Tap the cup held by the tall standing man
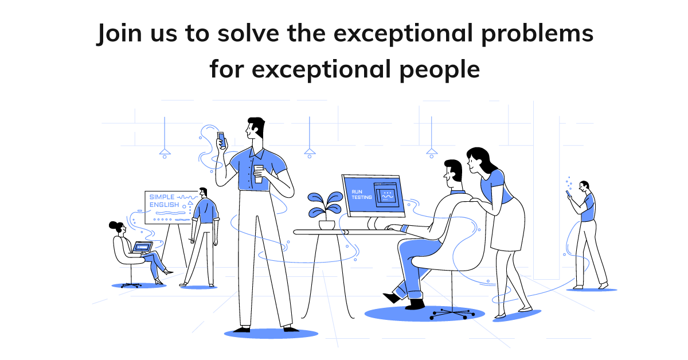click(x=259, y=174)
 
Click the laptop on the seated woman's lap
click(x=142, y=247)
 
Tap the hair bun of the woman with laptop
click(x=113, y=224)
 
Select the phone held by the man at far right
click(x=569, y=194)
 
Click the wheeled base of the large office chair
click(x=452, y=313)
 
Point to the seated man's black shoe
click(x=393, y=297)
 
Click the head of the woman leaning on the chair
click(x=477, y=158)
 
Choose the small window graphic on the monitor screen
click(x=385, y=195)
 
